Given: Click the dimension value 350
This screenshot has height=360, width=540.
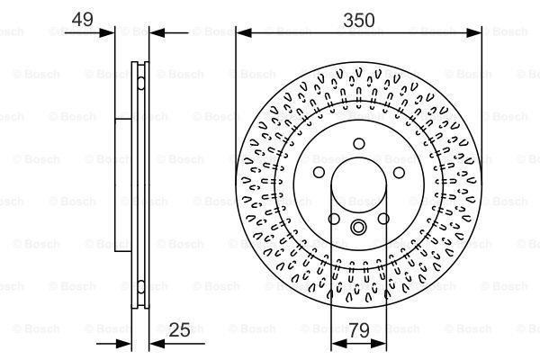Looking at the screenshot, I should pyautogui.click(x=358, y=18).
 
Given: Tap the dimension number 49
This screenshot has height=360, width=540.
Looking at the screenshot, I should pyautogui.click(x=82, y=18).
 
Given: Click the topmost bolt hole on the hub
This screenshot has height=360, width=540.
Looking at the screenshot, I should pyautogui.click(x=358, y=143).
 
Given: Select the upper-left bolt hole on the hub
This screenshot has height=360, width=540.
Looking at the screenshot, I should pyautogui.click(x=318, y=173).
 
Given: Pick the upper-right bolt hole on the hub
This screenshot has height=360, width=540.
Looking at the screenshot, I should pyautogui.click(x=399, y=173).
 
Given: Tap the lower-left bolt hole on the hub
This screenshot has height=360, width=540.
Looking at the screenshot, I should pyautogui.click(x=333, y=220).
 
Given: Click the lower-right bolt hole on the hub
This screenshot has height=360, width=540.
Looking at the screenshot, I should pyautogui.click(x=383, y=220).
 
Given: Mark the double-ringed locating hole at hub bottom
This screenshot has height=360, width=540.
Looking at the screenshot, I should pyautogui.click(x=358, y=228).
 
